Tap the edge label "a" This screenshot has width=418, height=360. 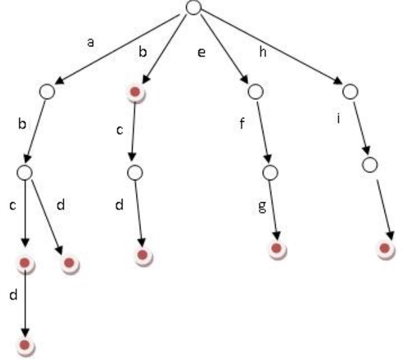pos(91,43)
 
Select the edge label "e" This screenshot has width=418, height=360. pos(202,52)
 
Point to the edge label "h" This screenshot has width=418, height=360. pos(263,51)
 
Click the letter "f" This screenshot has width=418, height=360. pos(242,124)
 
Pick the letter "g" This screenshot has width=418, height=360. pos(262,207)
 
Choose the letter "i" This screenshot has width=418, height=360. pos(339,118)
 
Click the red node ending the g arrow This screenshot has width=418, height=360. pos(277,249)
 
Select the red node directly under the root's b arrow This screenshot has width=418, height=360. pos(135,92)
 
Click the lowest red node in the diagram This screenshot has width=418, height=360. pos(24,345)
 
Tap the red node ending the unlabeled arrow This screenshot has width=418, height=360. pos(385,249)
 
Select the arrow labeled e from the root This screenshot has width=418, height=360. pos(224,49)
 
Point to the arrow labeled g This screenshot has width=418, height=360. pos(274,211)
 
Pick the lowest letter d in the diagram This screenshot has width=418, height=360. pos(14,295)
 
